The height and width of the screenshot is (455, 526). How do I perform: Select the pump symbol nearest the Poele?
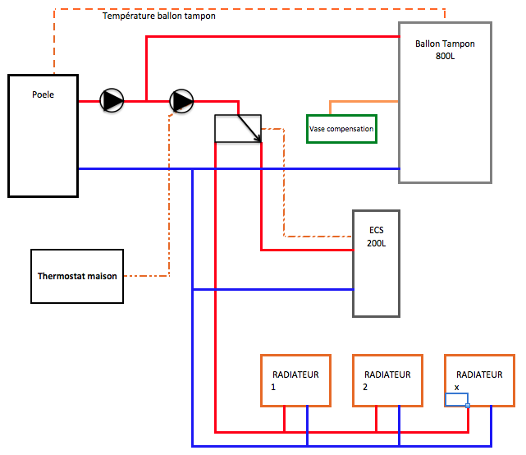pos(112,101)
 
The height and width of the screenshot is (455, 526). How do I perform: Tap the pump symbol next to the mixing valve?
pos(181,101)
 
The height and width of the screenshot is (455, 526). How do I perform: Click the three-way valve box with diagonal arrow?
pos(237,128)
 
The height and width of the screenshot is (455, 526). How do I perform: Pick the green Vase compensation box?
pos(341,129)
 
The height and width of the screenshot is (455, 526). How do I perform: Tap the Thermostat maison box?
pos(77,275)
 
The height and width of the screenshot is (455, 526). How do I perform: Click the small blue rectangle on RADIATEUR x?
pos(456,400)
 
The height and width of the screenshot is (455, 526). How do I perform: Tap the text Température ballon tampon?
pos(159,16)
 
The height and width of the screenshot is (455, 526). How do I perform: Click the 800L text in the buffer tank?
pos(445,57)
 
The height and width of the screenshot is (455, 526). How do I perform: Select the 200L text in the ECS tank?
pos(377,244)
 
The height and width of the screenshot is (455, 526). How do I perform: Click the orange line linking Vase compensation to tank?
pos(361,102)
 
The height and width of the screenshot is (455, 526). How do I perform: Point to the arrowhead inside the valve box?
pos(258,139)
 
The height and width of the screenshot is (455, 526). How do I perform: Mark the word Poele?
pos(43,94)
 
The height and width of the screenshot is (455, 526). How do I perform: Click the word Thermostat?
pos(62,276)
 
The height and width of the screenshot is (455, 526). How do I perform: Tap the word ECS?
pos(377,231)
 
